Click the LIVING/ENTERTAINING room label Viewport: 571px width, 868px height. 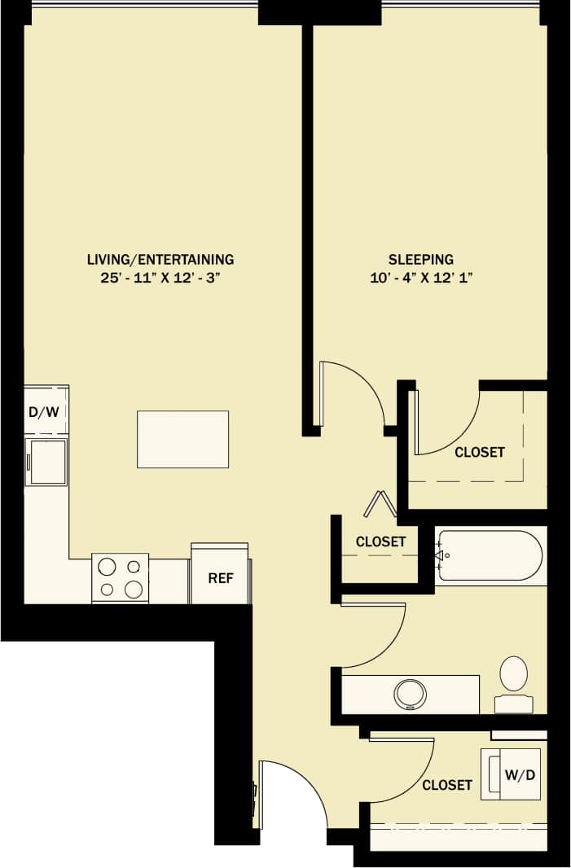[x=160, y=260]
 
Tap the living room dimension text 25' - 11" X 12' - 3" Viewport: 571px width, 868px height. [x=160, y=278]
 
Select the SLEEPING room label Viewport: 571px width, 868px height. [x=420, y=260]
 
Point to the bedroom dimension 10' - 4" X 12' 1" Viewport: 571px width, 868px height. [x=420, y=278]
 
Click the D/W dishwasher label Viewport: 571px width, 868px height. [x=44, y=411]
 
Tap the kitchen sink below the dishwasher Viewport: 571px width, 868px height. [x=46, y=462]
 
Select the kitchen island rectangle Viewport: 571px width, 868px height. [x=182, y=439]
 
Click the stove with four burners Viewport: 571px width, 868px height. [x=120, y=577]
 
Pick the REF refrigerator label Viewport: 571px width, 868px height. [x=221, y=579]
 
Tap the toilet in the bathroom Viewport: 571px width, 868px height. [x=513, y=684]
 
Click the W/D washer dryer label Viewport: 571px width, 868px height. [x=520, y=774]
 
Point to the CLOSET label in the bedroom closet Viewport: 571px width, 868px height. [x=480, y=452]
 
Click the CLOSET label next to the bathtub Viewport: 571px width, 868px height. [x=380, y=541]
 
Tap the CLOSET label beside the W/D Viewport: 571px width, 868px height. [x=447, y=785]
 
